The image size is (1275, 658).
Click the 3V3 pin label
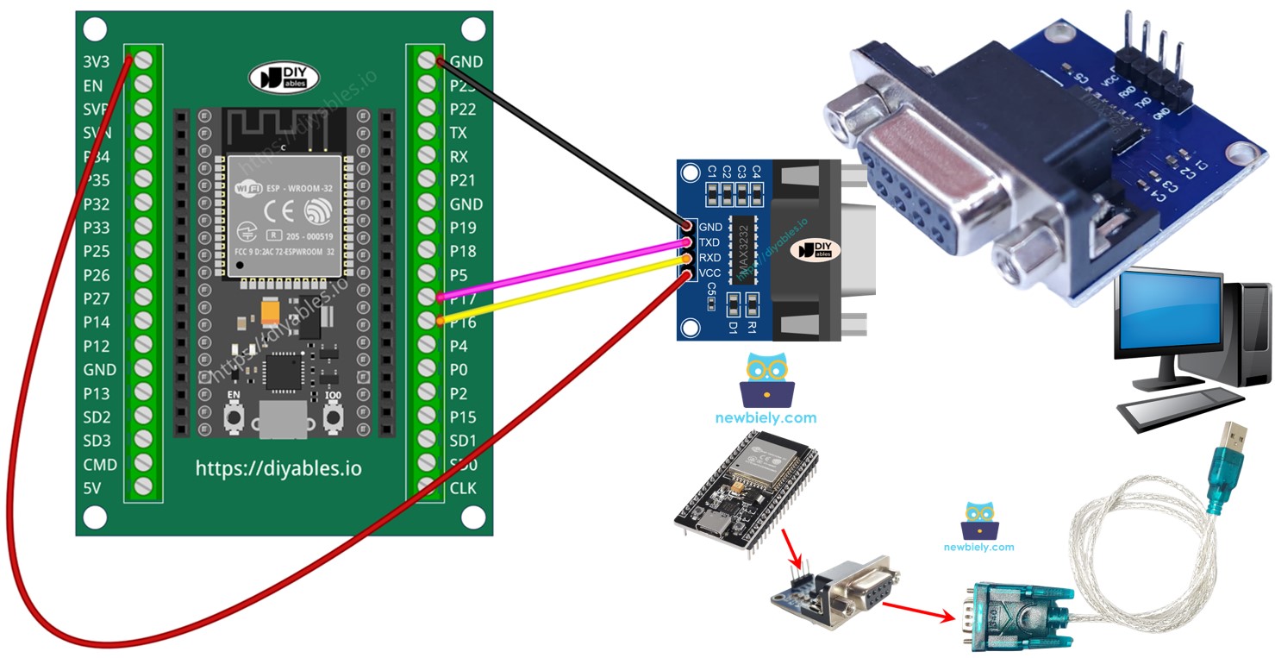coord(96,62)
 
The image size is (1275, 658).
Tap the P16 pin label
coord(463,322)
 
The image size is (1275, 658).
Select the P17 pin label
coord(463,298)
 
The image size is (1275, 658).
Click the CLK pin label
coord(463,488)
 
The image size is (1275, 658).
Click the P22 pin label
coord(463,110)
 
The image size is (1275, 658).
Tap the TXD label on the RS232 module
coord(709,242)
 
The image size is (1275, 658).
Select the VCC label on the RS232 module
coord(709,273)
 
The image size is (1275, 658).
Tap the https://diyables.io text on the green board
coord(278,469)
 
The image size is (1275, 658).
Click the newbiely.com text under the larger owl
coord(766,418)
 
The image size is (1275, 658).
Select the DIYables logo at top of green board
coord(284,78)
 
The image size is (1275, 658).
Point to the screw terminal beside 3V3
coord(144,61)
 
